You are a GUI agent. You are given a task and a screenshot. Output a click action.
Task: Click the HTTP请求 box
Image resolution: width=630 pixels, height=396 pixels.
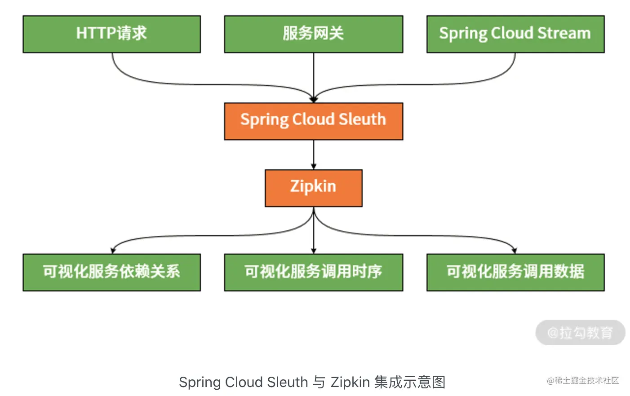point(111,34)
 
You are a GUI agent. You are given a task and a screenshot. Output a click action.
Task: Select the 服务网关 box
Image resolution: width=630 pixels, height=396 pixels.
point(313,34)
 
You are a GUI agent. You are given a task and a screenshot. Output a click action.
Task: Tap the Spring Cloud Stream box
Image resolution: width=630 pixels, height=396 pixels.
point(515,34)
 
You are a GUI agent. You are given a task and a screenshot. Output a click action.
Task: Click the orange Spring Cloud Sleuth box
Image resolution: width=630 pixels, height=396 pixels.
point(313,121)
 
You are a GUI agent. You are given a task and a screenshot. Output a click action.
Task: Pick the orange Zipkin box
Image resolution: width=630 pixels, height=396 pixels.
point(313,188)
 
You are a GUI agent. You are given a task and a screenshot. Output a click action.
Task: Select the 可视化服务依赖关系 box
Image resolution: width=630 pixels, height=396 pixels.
point(111,272)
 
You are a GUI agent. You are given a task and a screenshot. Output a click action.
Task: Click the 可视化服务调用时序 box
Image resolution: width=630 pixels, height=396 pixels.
point(313,272)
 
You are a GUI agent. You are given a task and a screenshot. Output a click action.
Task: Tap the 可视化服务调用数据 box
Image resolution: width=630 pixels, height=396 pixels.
point(515,272)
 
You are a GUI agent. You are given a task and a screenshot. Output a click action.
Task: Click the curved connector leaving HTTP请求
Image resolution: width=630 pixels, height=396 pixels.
point(180,84)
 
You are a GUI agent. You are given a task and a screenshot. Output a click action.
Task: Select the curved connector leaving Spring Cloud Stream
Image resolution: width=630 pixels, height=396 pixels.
point(449,84)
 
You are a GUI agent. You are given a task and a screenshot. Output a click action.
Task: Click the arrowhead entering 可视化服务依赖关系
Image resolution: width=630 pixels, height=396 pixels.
point(113,251)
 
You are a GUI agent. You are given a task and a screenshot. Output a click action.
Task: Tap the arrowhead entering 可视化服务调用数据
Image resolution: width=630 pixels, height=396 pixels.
point(514,251)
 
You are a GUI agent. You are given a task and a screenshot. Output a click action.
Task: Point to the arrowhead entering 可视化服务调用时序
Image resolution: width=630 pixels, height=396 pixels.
point(314,251)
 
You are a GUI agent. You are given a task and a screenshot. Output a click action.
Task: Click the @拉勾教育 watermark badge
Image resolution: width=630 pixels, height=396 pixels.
point(580,333)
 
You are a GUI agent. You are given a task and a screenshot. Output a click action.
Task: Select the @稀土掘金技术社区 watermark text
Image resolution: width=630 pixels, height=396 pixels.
point(583,381)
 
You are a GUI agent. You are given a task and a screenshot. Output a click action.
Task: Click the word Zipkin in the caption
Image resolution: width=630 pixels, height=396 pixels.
point(350,382)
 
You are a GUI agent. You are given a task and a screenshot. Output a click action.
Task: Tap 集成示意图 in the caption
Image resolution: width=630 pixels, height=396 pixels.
point(409,382)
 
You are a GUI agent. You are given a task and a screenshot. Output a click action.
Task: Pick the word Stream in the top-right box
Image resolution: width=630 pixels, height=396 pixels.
point(564,33)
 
